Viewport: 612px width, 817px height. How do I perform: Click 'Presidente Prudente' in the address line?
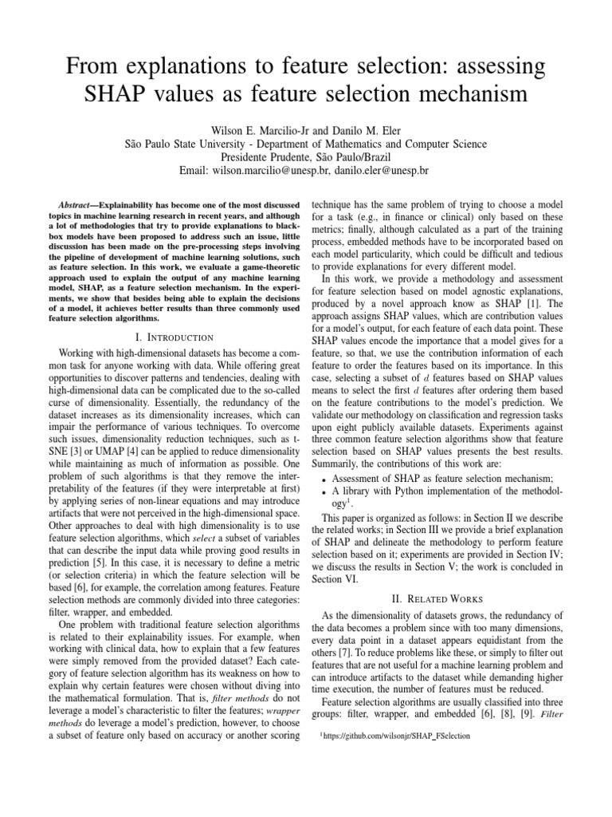click(269, 157)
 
